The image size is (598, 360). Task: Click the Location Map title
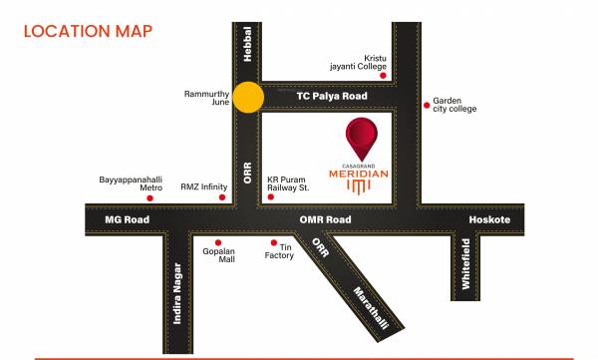(88, 31)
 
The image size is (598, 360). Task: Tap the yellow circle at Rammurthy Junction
(248, 97)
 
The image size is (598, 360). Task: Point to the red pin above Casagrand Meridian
(362, 137)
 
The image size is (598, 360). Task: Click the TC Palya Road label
(331, 96)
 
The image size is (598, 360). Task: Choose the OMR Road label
(325, 218)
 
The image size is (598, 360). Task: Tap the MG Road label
(127, 218)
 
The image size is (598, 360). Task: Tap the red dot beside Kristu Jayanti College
(383, 75)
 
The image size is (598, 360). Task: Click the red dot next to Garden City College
(428, 102)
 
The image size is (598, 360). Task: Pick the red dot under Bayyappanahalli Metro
(149, 198)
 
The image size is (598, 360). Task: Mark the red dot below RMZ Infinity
(222, 197)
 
